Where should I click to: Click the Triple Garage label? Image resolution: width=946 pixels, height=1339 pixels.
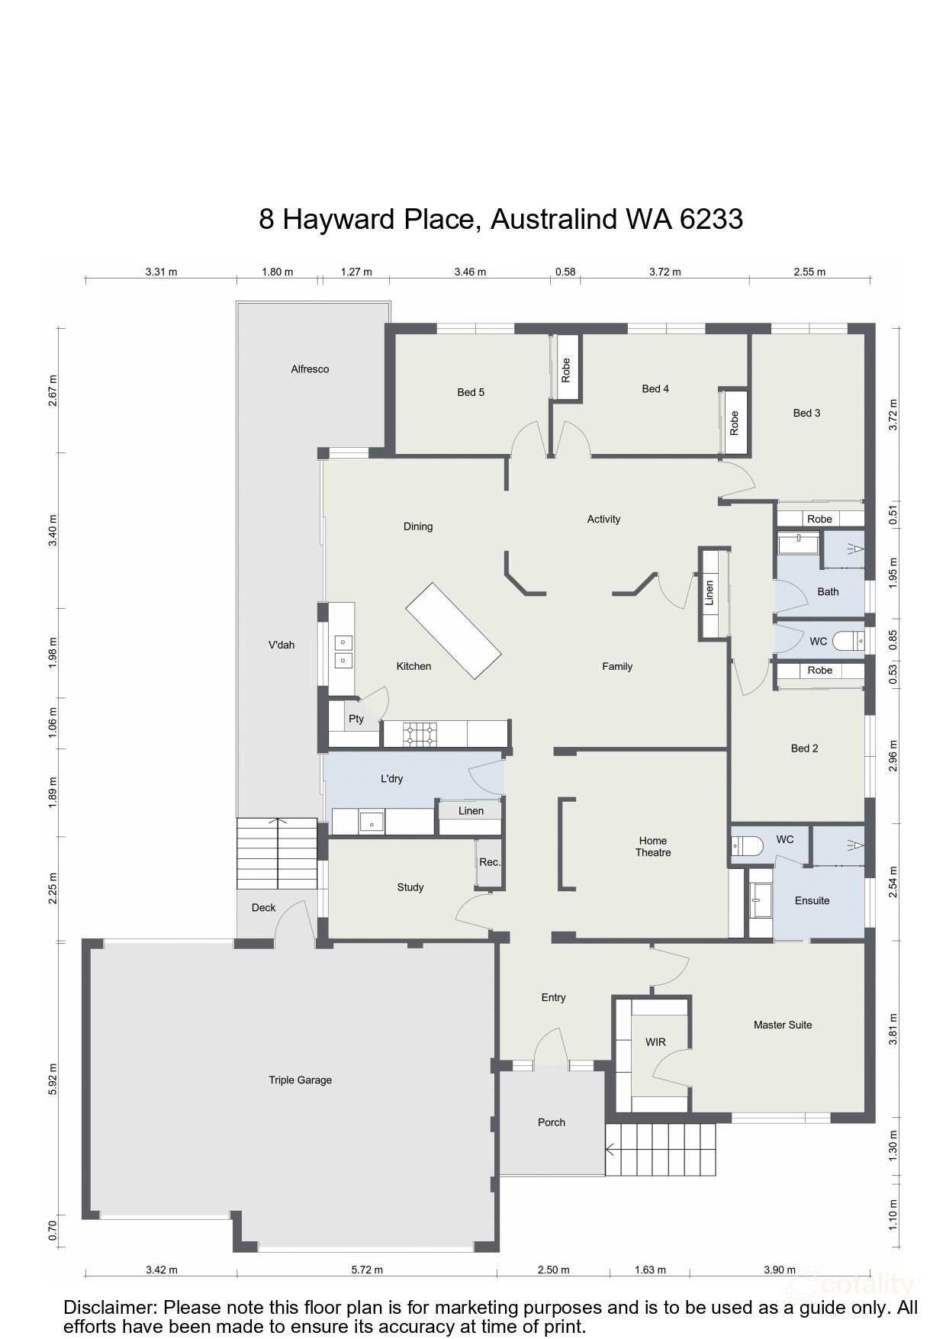tap(300, 1080)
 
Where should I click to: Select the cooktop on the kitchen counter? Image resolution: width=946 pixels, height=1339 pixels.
tap(421, 734)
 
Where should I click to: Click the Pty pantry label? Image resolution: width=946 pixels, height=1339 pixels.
tap(356, 719)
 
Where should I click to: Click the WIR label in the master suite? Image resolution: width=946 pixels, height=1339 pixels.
tap(655, 1041)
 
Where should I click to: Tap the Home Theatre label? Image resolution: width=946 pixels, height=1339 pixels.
tap(653, 847)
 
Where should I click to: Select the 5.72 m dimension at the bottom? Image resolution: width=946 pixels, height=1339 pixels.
tap(367, 1270)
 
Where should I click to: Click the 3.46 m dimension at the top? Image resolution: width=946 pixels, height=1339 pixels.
tap(470, 272)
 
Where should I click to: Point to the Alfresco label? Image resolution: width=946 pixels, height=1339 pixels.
tap(310, 369)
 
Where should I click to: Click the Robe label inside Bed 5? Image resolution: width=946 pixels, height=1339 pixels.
tap(566, 370)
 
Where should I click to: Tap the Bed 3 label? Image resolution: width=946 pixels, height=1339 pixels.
tap(806, 413)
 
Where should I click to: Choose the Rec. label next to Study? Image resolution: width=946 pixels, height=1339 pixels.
tap(490, 862)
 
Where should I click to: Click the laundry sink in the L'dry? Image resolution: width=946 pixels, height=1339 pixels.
tap(372, 822)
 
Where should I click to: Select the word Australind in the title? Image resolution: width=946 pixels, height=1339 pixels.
tap(554, 219)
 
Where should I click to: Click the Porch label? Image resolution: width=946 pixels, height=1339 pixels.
tap(551, 1122)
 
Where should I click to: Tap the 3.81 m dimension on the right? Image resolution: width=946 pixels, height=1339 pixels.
tap(893, 1028)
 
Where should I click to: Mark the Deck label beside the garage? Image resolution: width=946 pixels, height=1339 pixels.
tap(263, 907)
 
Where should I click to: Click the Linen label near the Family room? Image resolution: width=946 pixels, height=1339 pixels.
tap(709, 593)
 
